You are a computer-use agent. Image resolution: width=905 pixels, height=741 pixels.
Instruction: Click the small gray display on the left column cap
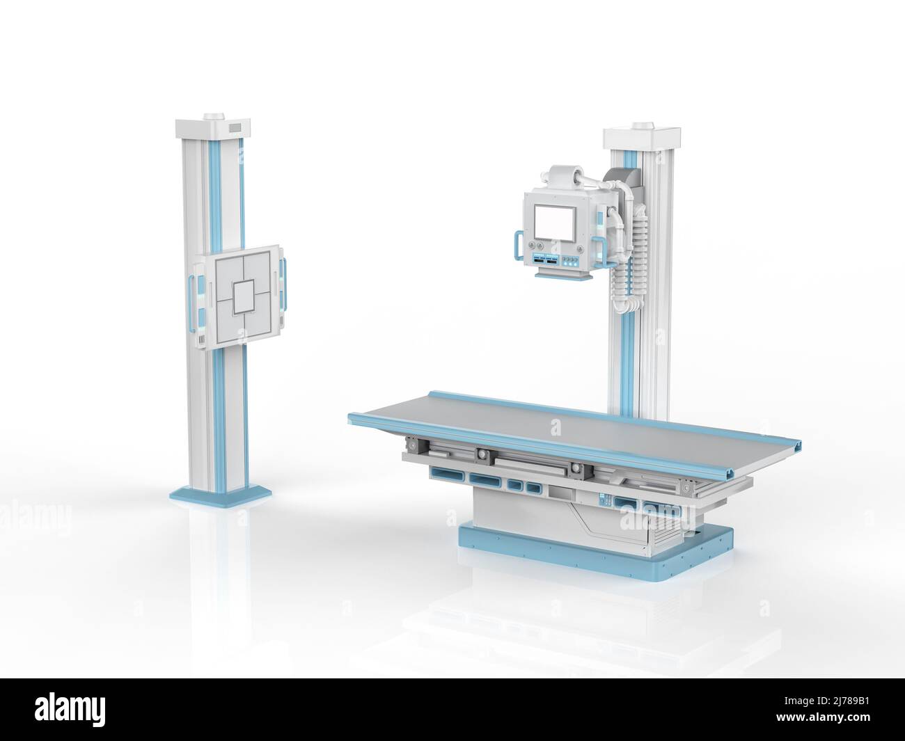point(233,128)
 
